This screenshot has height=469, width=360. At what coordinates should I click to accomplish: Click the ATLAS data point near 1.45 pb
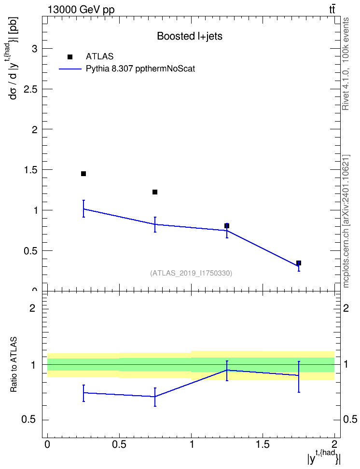tap(83, 174)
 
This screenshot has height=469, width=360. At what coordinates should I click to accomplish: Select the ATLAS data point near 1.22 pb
tap(155, 192)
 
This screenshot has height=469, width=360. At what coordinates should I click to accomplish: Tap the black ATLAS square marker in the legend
tap(70, 57)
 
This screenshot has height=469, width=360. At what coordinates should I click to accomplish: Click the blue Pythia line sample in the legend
tap(70, 69)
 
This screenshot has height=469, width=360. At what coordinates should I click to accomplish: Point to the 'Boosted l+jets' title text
tap(190, 36)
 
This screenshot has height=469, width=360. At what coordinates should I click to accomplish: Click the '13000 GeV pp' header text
tap(81, 10)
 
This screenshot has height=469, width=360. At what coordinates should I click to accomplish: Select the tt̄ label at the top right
tap(332, 10)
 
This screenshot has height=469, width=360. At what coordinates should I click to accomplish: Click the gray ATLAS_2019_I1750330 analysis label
tap(191, 273)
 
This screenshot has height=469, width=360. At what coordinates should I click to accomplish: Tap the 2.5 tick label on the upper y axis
tap(30, 89)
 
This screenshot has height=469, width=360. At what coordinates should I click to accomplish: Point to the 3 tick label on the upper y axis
tap(35, 48)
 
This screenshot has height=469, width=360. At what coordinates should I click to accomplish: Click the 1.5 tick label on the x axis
tap(263, 444)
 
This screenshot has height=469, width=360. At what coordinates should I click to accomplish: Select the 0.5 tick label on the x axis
tap(119, 444)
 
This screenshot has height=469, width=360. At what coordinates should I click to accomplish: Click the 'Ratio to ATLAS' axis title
tap(14, 365)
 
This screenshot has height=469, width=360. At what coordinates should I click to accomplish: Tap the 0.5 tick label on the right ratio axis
tap(350, 420)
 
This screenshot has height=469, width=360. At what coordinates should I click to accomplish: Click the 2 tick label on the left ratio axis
tap(32, 308)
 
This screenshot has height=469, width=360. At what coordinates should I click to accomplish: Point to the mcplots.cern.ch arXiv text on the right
tap(346, 221)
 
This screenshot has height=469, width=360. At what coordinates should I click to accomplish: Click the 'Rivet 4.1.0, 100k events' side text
tap(346, 64)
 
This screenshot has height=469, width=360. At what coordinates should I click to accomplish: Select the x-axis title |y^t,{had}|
tap(324, 457)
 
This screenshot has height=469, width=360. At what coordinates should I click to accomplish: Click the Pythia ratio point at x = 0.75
tap(155, 397)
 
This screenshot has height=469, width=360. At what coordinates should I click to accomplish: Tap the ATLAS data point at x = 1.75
tap(299, 263)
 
